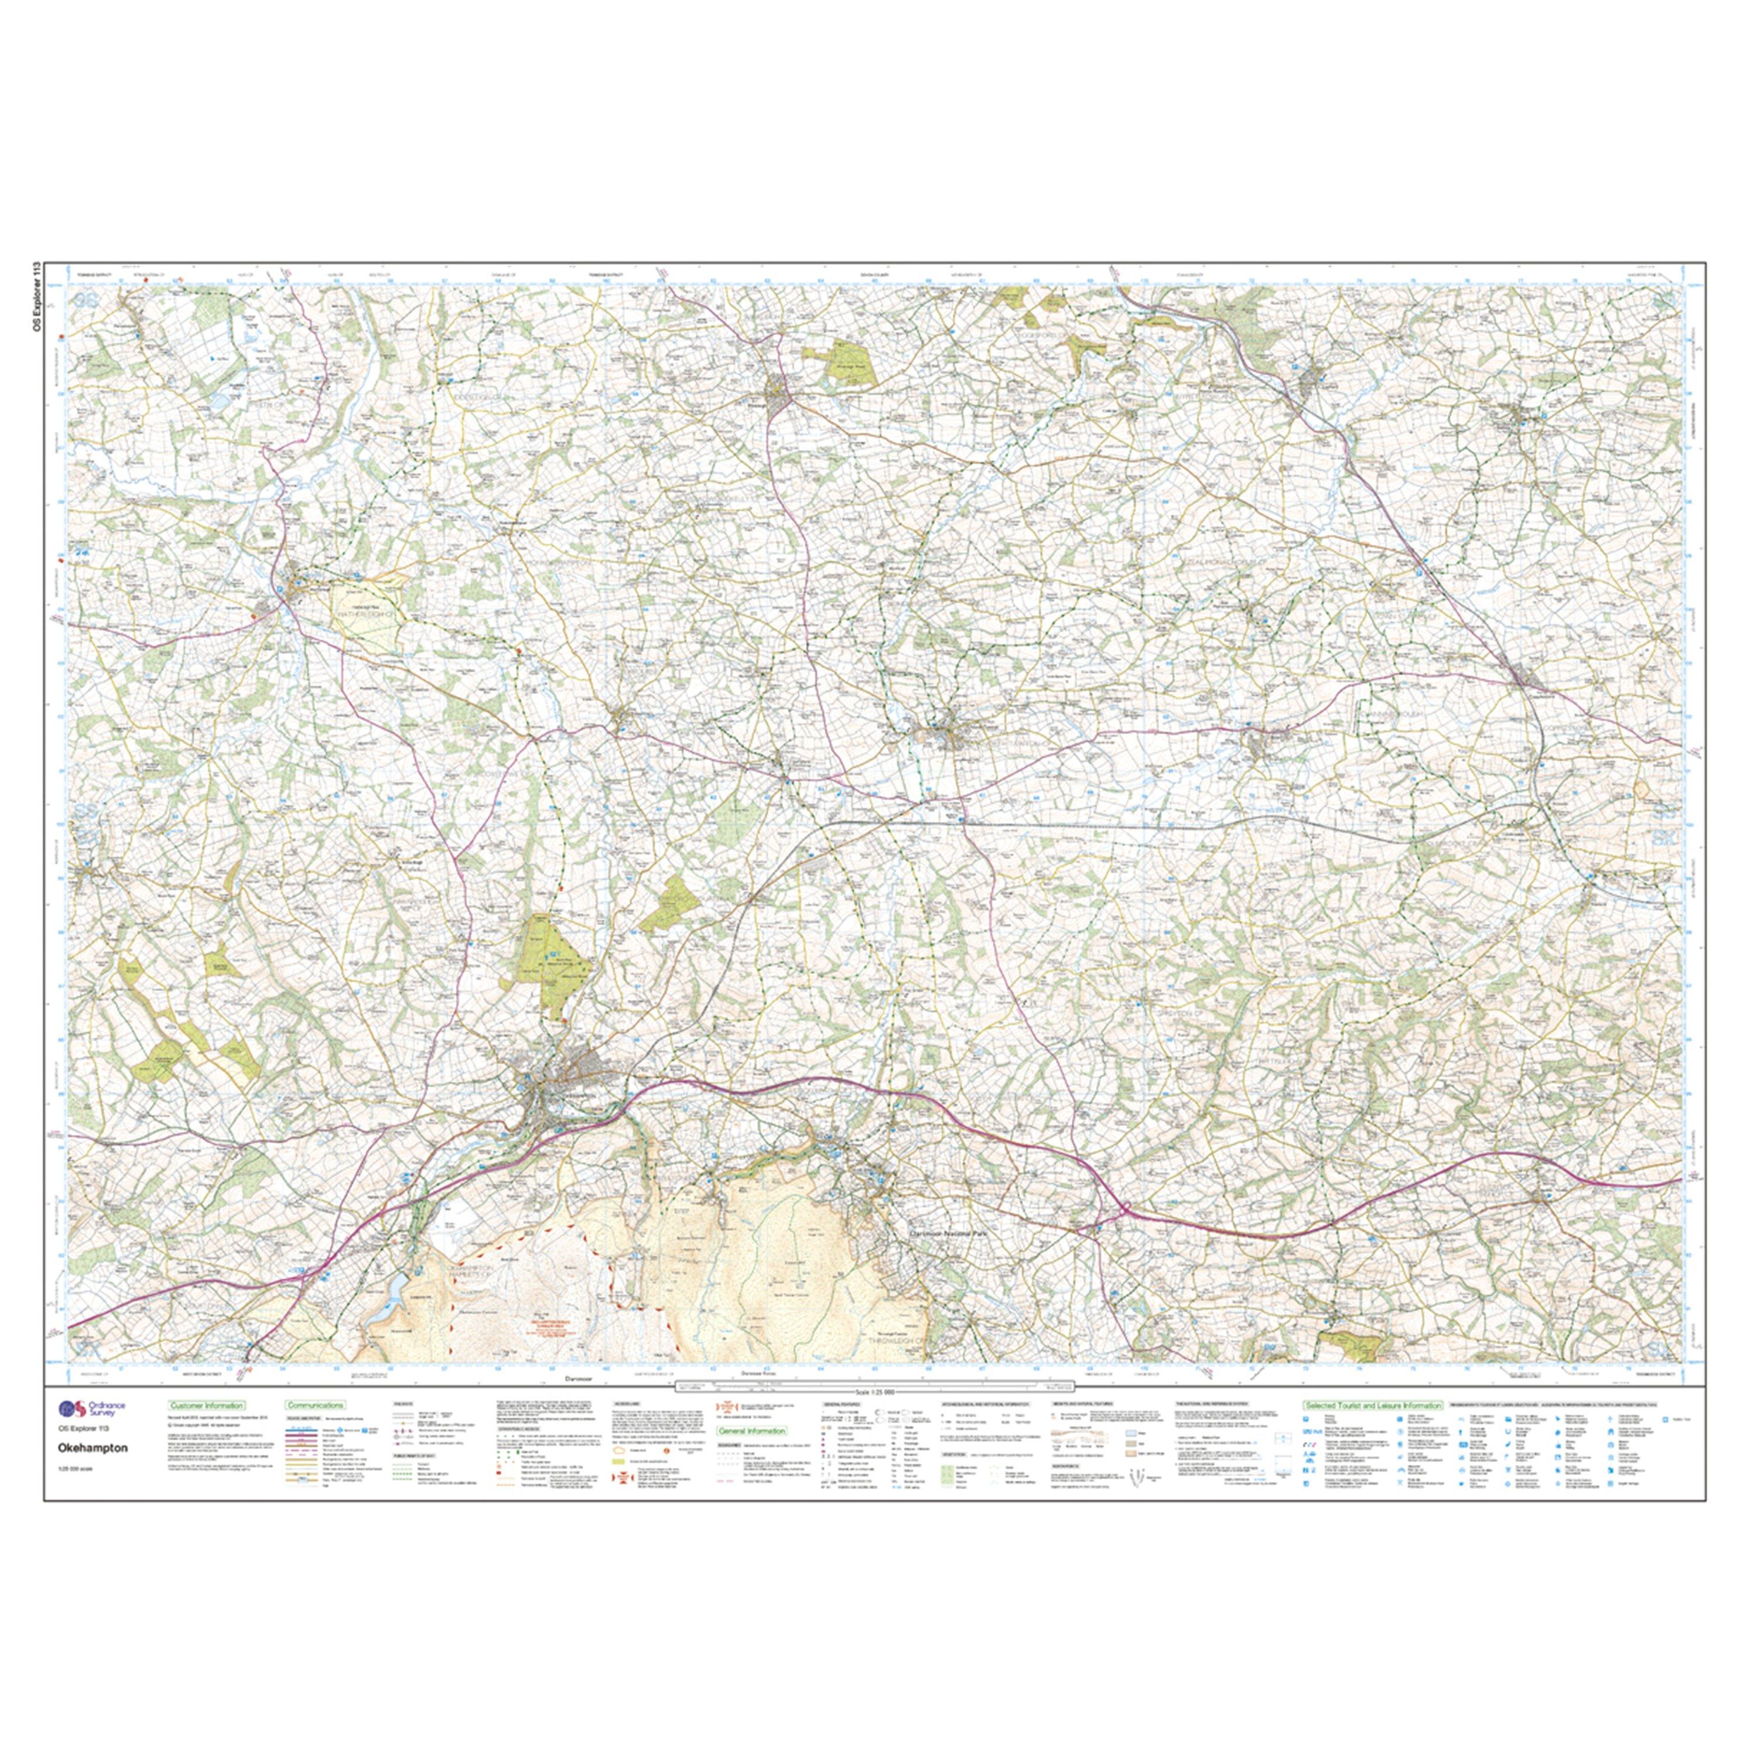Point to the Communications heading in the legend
pyautogui.click(x=315, y=1405)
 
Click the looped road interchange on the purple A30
pyautogui.click(x=1124, y=1209)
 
